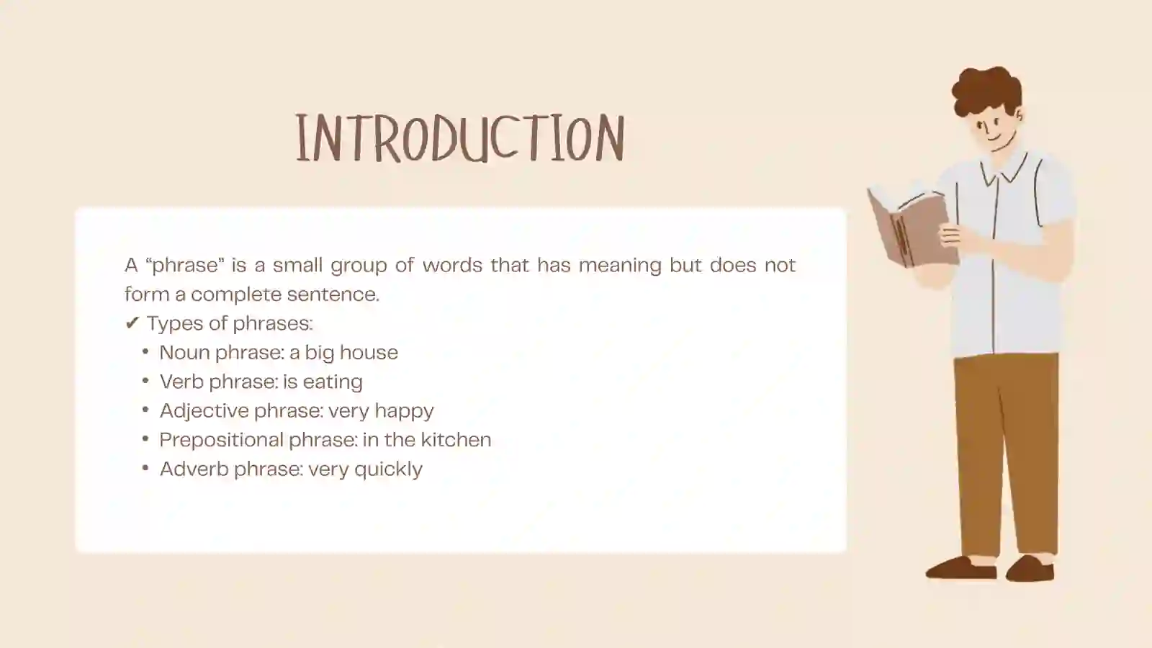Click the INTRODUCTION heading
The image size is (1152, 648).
[459, 138]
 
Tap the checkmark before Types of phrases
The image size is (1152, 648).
[131, 323]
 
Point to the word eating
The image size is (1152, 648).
[333, 382]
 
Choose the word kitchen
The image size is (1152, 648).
[456, 439]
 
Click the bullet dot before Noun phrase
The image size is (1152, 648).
[145, 352]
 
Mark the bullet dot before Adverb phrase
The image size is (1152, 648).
[145, 469]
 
